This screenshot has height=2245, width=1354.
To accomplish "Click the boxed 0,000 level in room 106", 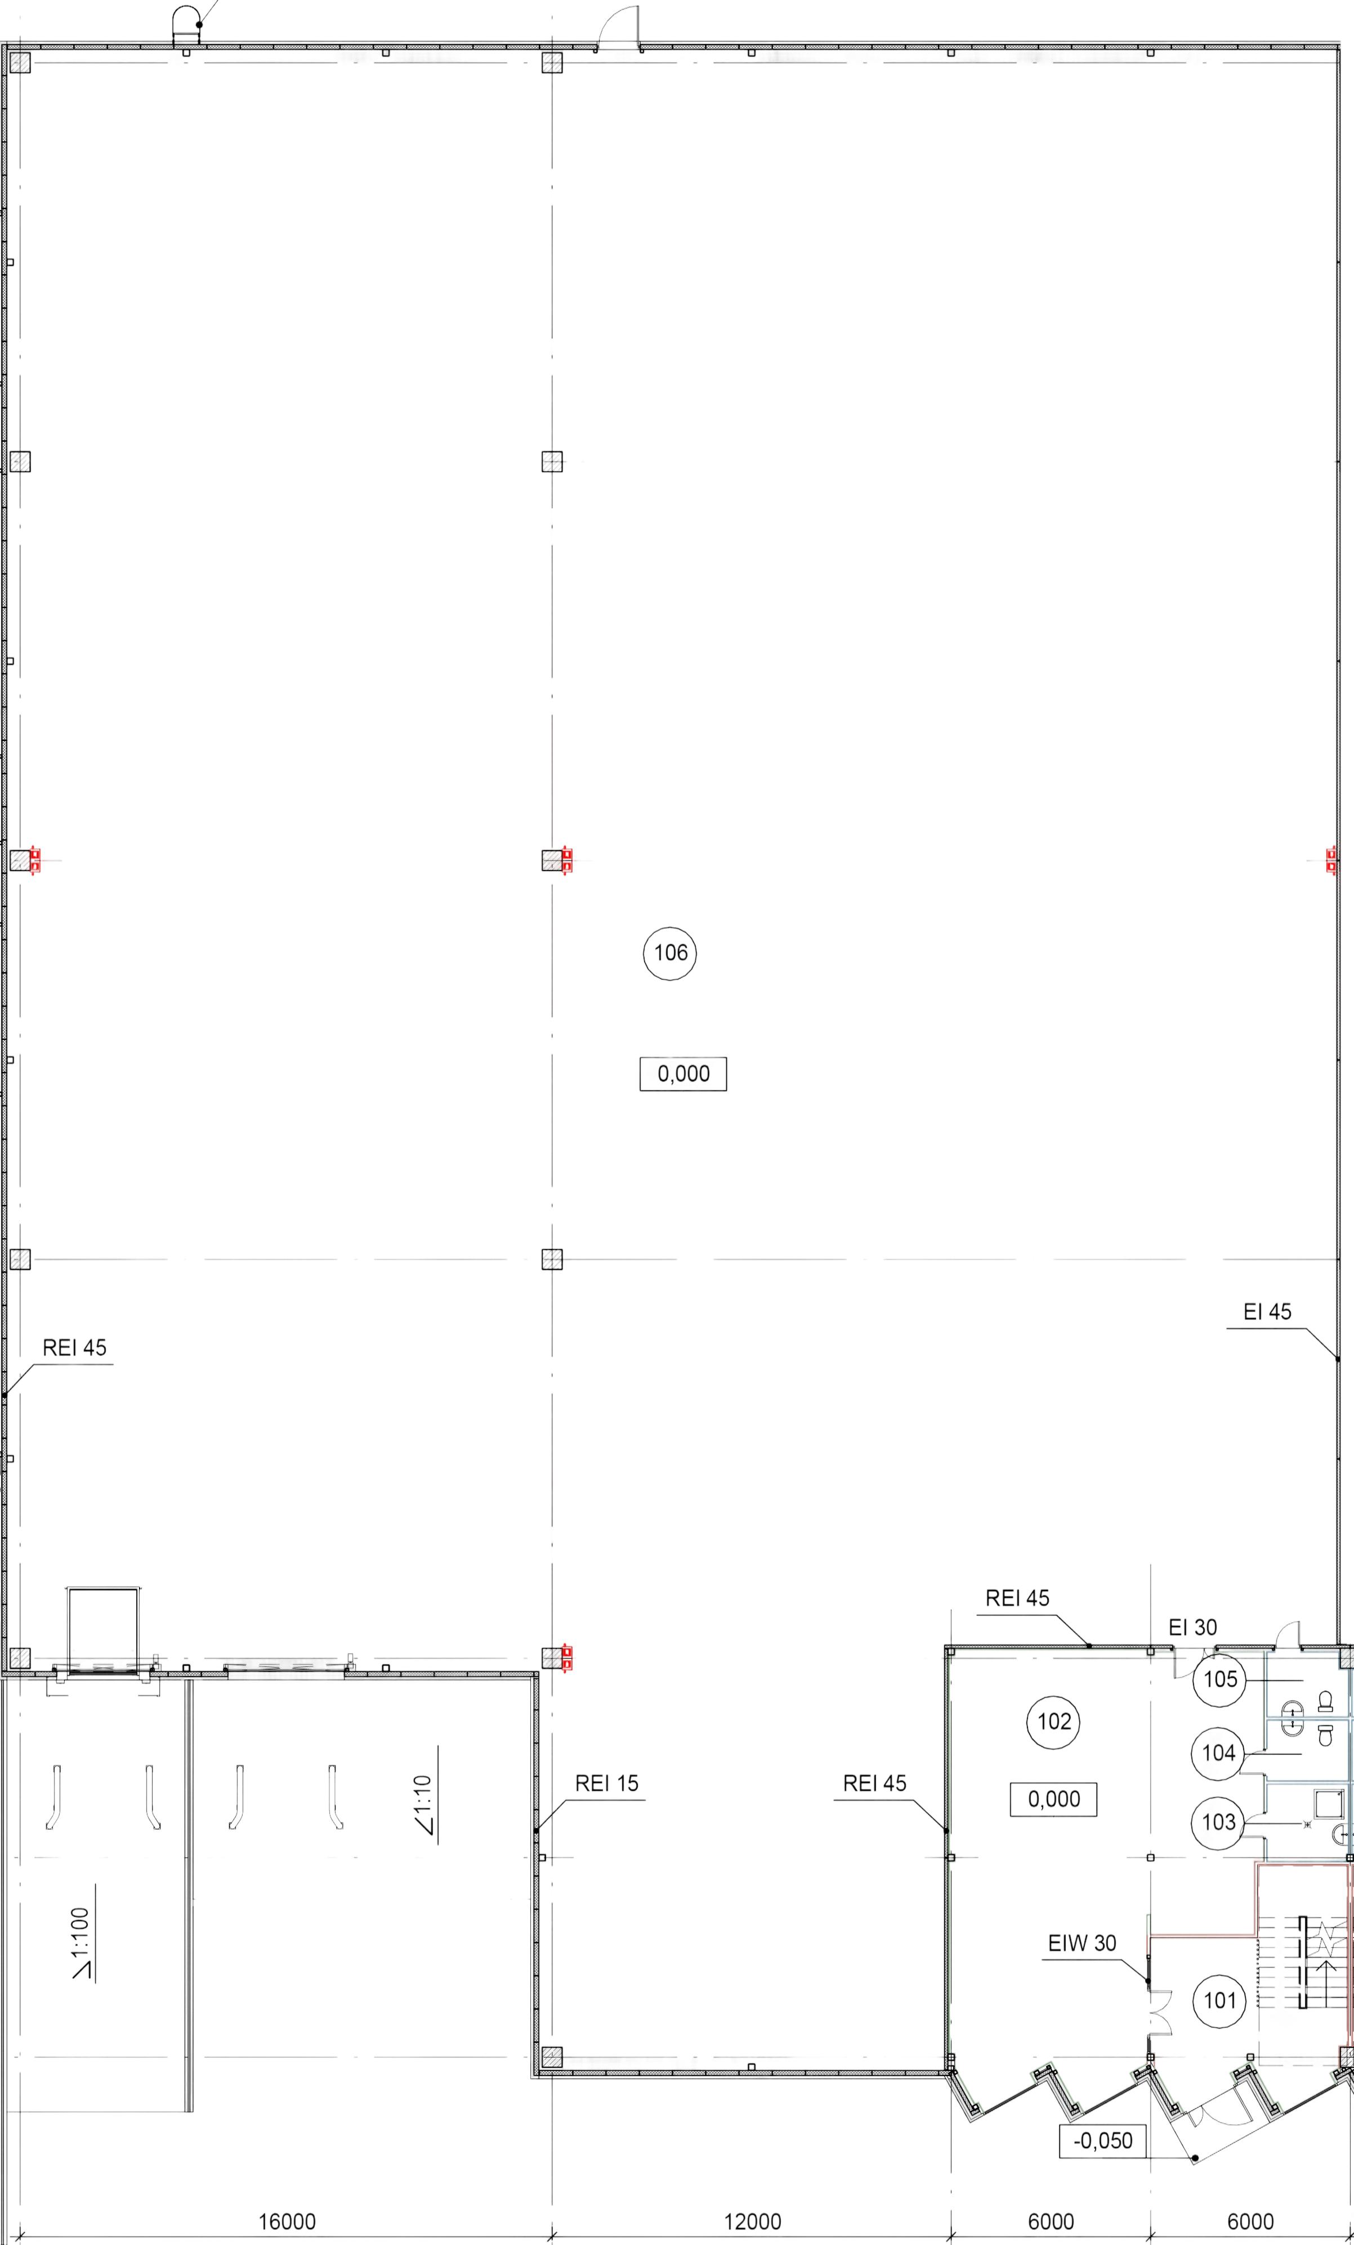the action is click(683, 1074).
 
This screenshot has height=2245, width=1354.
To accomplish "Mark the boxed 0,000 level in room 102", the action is click(1053, 1799).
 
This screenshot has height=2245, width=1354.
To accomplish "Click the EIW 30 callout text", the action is click(1082, 1943).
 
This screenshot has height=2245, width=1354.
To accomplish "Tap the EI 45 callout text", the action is click(1267, 1312).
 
